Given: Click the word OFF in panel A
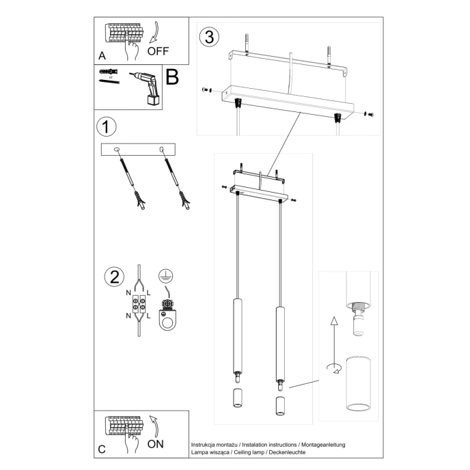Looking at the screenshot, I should (x=158, y=51).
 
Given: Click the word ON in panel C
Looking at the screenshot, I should (x=156, y=443).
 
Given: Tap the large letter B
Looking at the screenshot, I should (x=172, y=77).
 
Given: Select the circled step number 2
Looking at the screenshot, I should (x=113, y=277).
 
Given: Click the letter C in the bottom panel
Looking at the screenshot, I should (x=102, y=449).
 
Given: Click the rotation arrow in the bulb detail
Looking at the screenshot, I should (x=334, y=369).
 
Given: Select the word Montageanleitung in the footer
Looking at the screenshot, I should (x=323, y=445).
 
